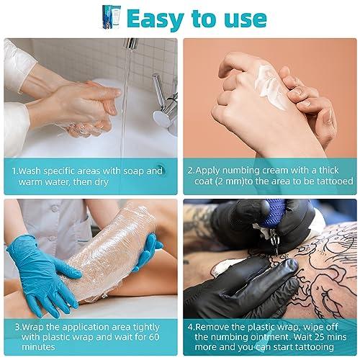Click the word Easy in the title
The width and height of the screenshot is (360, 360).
click(156, 19)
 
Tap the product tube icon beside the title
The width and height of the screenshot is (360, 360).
click(112, 17)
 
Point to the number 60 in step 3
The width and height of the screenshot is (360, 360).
click(153, 337)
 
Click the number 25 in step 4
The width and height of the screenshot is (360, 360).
click(322, 337)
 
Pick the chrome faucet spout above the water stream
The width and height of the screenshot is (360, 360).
click(131, 43)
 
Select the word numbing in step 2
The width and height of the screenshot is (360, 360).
click(241, 171)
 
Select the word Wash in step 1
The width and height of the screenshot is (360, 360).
click(30, 171)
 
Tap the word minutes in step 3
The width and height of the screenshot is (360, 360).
click(38, 347)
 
